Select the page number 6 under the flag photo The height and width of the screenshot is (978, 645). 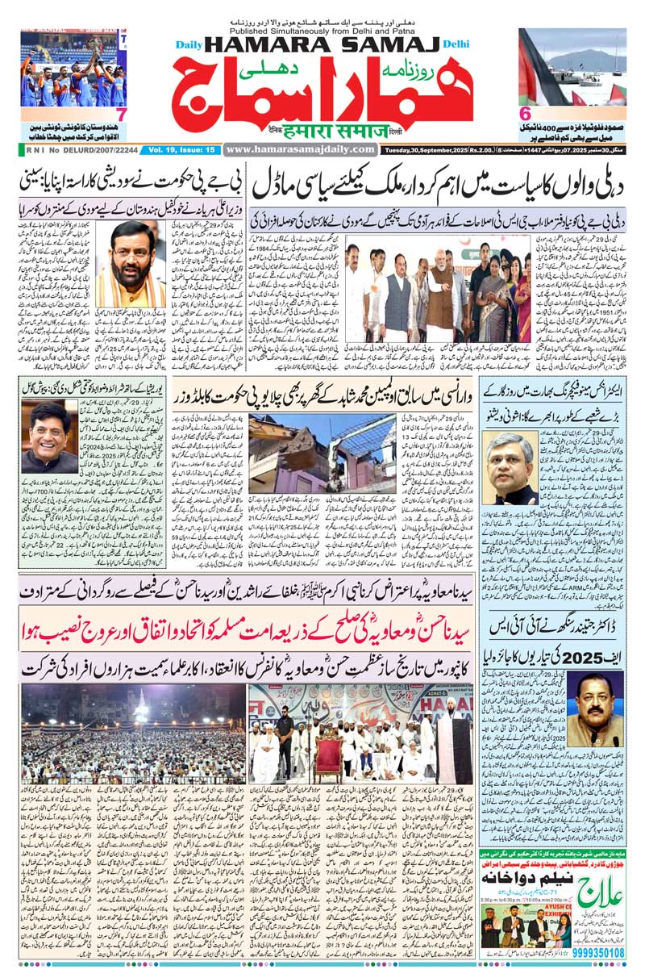point(525,113)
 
